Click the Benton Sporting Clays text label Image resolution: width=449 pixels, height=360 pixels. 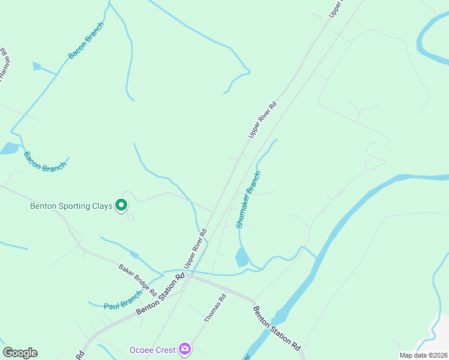tap(71, 206)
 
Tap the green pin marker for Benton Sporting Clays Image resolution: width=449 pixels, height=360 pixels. tap(121, 206)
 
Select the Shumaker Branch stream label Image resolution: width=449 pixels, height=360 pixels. tap(248, 200)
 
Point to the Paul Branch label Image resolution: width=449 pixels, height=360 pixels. tap(122, 300)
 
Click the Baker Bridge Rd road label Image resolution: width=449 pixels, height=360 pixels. tap(137, 280)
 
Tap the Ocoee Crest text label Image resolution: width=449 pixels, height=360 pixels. tap(152, 350)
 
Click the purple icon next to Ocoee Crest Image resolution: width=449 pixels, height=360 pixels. tap(185, 349)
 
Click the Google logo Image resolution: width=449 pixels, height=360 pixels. tap(20, 353)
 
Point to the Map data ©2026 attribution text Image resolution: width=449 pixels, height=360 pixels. tap(423, 355)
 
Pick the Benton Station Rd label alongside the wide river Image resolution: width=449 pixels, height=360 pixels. tap(276, 329)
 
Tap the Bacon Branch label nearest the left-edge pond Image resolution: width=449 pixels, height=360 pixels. tap(44, 161)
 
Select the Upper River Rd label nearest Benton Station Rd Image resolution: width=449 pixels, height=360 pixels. tap(196, 248)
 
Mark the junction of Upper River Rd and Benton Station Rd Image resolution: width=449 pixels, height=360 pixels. tap(188, 275)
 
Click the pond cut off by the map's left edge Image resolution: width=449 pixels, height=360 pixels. tap(8, 148)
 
